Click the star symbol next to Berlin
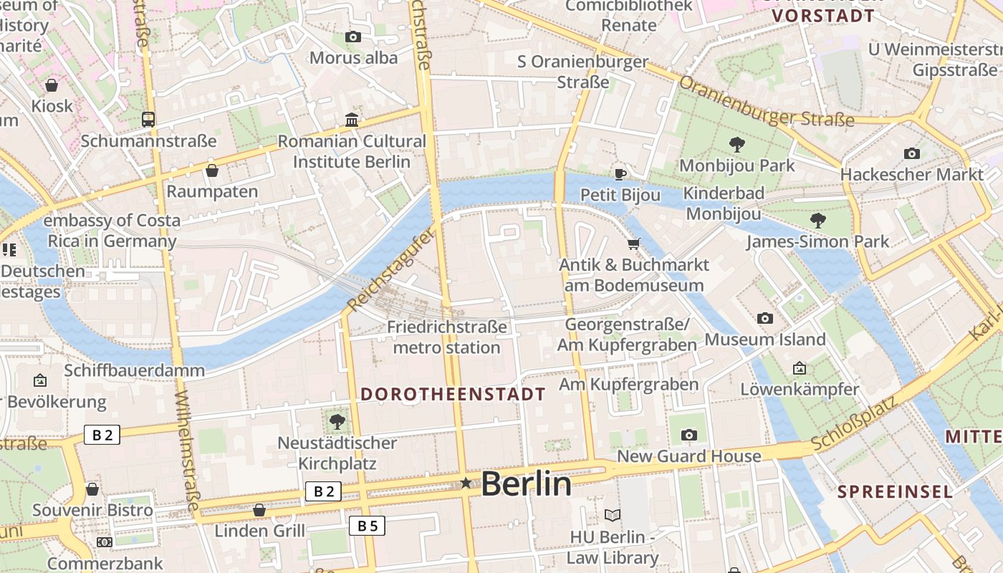(x=466, y=483)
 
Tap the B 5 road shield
(x=367, y=526)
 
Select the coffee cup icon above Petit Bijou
(x=620, y=174)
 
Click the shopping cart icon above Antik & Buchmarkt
(x=633, y=244)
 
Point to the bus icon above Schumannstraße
(x=148, y=120)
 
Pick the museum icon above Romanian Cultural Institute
(x=352, y=120)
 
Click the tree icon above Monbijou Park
(x=736, y=145)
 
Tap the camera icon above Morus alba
(x=353, y=37)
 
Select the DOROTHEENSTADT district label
(x=453, y=394)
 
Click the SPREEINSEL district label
(x=896, y=492)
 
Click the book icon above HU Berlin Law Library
(x=613, y=515)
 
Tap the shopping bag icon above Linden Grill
(x=259, y=510)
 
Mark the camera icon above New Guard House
(x=689, y=435)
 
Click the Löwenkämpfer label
(x=800, y=390)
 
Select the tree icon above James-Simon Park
(x=817, y=221)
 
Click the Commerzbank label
(x=105, y=564)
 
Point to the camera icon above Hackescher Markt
(x=912, y=153)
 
